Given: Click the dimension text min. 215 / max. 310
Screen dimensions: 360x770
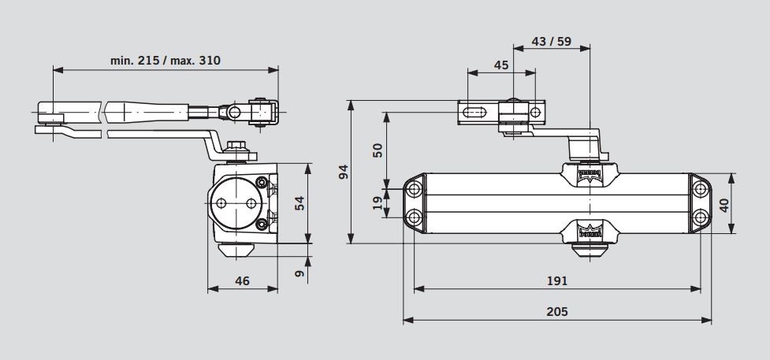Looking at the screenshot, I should click(166, 59).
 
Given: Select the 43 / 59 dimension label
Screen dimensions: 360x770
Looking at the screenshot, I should click(552, 41).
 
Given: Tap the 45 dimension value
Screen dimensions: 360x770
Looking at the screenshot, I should click(501, 65).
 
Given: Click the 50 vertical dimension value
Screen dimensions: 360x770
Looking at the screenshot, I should click(378, 150).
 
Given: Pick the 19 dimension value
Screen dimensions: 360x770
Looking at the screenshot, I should click(378, 203).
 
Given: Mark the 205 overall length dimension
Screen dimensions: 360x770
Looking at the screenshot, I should click(556, 311).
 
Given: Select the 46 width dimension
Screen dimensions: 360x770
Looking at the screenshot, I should click(243, 280).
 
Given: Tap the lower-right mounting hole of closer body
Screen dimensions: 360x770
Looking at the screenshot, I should click(700, 217).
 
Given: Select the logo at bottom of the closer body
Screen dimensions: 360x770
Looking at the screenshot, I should click(590, 229).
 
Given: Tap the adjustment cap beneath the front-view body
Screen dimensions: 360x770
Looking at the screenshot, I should click(589, 251).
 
